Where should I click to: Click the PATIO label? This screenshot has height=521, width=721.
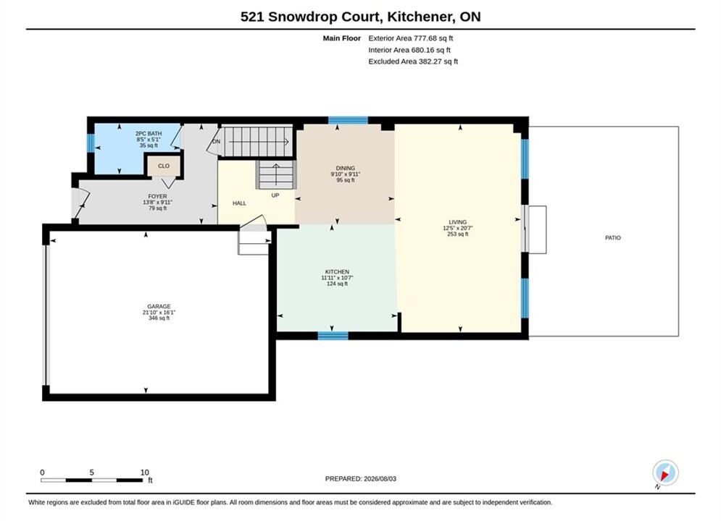(x=612, y=238)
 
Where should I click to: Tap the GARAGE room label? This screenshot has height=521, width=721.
(x=159, y=306)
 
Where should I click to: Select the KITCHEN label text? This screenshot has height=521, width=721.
(x=337, y=272)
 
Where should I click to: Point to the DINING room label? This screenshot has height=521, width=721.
(x=346, y=168)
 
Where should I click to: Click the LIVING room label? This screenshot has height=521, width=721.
(x=457, y=222)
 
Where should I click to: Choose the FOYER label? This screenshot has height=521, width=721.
(x=157, y=196)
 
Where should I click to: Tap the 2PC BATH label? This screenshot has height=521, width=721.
(x=149, y=134)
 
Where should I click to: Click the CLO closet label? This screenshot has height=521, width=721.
(x=164, y=166)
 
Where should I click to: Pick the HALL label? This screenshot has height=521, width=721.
(x=239, y=203)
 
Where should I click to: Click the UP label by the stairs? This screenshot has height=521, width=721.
(x=275, y=195)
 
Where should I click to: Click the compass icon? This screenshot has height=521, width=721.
(x=665, y=473)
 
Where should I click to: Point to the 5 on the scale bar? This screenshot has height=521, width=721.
(x=91, y=473)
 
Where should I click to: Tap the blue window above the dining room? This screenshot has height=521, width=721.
(x=348, y=120)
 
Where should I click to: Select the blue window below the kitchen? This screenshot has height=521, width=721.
(x=333, y=336)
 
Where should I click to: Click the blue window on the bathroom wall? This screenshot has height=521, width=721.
(x=91, y=143)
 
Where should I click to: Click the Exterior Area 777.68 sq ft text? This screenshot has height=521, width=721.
(x=411, y=38)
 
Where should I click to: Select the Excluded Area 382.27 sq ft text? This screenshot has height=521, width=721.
(x=413, y=61)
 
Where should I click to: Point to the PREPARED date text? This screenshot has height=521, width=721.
(x=361, y=478)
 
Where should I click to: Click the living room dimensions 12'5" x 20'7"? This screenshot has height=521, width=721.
(x=457, y=228)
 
